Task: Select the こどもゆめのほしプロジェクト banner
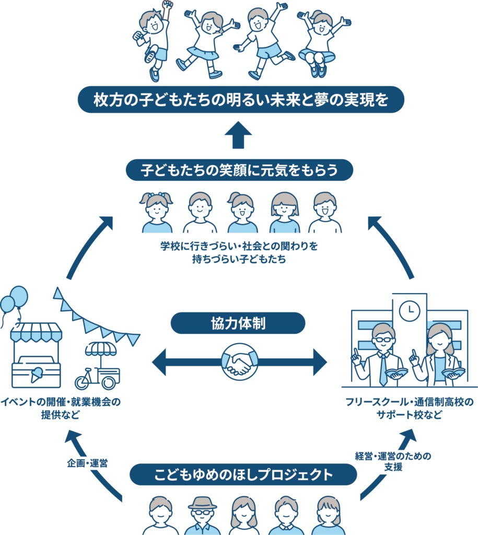tap(243, 474)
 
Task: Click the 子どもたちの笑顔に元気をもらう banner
tap(239, 170)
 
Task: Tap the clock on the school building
tap(410, 311)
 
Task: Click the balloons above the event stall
tap(14, 301)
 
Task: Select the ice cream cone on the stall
tap(37, 375)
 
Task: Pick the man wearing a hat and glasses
tap(202, 515)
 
